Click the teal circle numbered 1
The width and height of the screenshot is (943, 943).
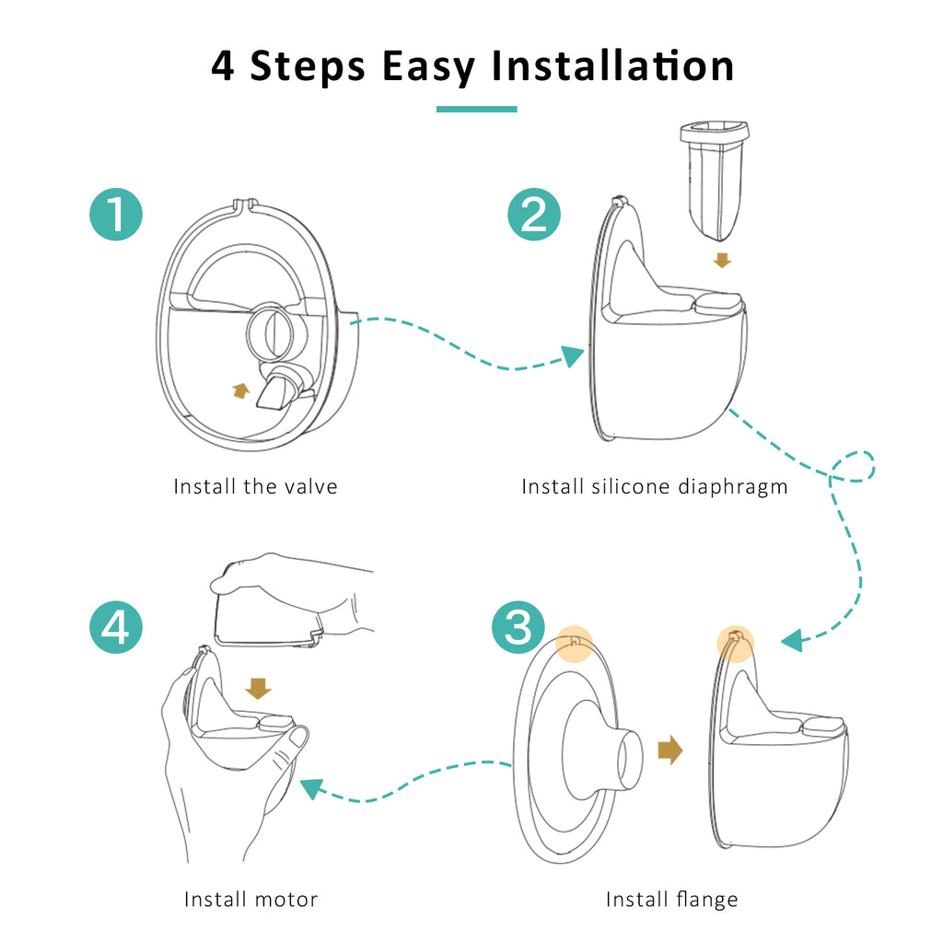pyautogui.click(x=116, y=215)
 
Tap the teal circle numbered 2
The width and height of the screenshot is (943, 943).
pyautogui.click(x=534, y=215)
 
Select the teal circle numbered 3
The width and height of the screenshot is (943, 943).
pyautogui.click(x=518, y=627)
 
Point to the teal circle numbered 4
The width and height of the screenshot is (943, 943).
pyautogui.click(x=116, y=627)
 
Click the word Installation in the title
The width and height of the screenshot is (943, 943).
pyautogui.click(x=612, y=65)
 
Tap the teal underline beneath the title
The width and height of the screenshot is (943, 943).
pyautogui.click(x=476, y=109)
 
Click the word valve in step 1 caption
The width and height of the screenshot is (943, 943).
pyautogui.click(x=311, y=486)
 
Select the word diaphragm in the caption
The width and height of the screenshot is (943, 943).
pyautogui.click(x=732, y=487)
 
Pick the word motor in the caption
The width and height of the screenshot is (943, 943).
pyautogui.click(x=285, y=900)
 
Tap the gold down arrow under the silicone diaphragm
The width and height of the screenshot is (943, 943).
pyautogui.click(x=722, y=260)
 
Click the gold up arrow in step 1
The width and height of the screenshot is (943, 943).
pyautogui.click(x=240, y=390)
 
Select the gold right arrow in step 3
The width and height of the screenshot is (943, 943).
pyautogui.click(x=670, y=750)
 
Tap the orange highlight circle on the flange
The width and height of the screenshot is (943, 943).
pyautogui.click(x=575, y=644)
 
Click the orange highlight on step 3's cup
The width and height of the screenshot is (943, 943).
pyautogui.click(x=735, y=644)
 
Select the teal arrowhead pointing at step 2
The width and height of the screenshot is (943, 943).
pyautogui.click(x=573, y=355)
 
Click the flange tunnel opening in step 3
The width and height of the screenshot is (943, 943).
pyautogui.click(x=630, y=759)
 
